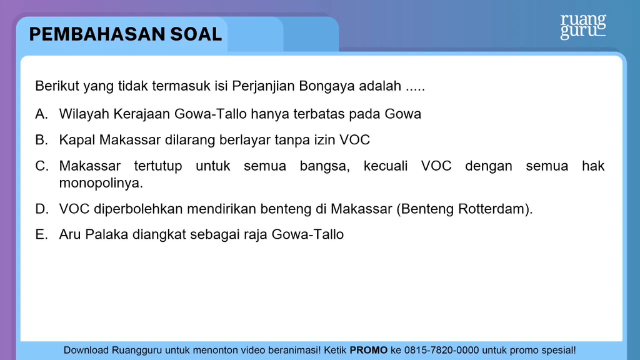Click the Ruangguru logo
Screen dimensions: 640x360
pos(583,26)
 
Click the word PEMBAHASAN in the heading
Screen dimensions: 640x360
pos(97,34)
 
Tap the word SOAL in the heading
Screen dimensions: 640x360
pos(196,34)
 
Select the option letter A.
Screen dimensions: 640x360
pos(41,114)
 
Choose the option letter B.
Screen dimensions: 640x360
pos(41,140)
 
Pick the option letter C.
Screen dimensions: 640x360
pos(42,166)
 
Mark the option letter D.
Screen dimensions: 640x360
pos(42,209)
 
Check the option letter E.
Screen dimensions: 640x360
pos(41,235)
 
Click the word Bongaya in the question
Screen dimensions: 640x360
pos(327,86)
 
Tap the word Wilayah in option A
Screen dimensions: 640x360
pos(84,114)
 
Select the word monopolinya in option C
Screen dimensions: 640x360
pos(101,183)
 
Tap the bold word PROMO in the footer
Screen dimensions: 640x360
pos(369,350)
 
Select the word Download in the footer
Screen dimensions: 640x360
pos(86,350)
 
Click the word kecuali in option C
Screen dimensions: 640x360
pos(386,166)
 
